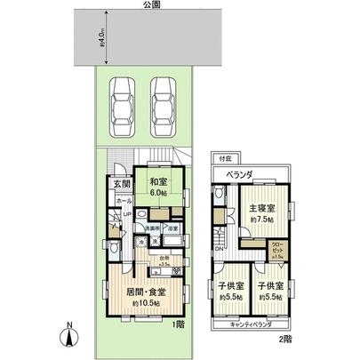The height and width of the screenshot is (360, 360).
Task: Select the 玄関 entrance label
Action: pyautogui.click(x=121, y=185)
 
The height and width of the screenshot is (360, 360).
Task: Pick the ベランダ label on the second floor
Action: pyautogui.click(x=237, y=174)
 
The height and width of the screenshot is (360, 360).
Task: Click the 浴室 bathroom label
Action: pyautogui.click(x=173, y=228)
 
